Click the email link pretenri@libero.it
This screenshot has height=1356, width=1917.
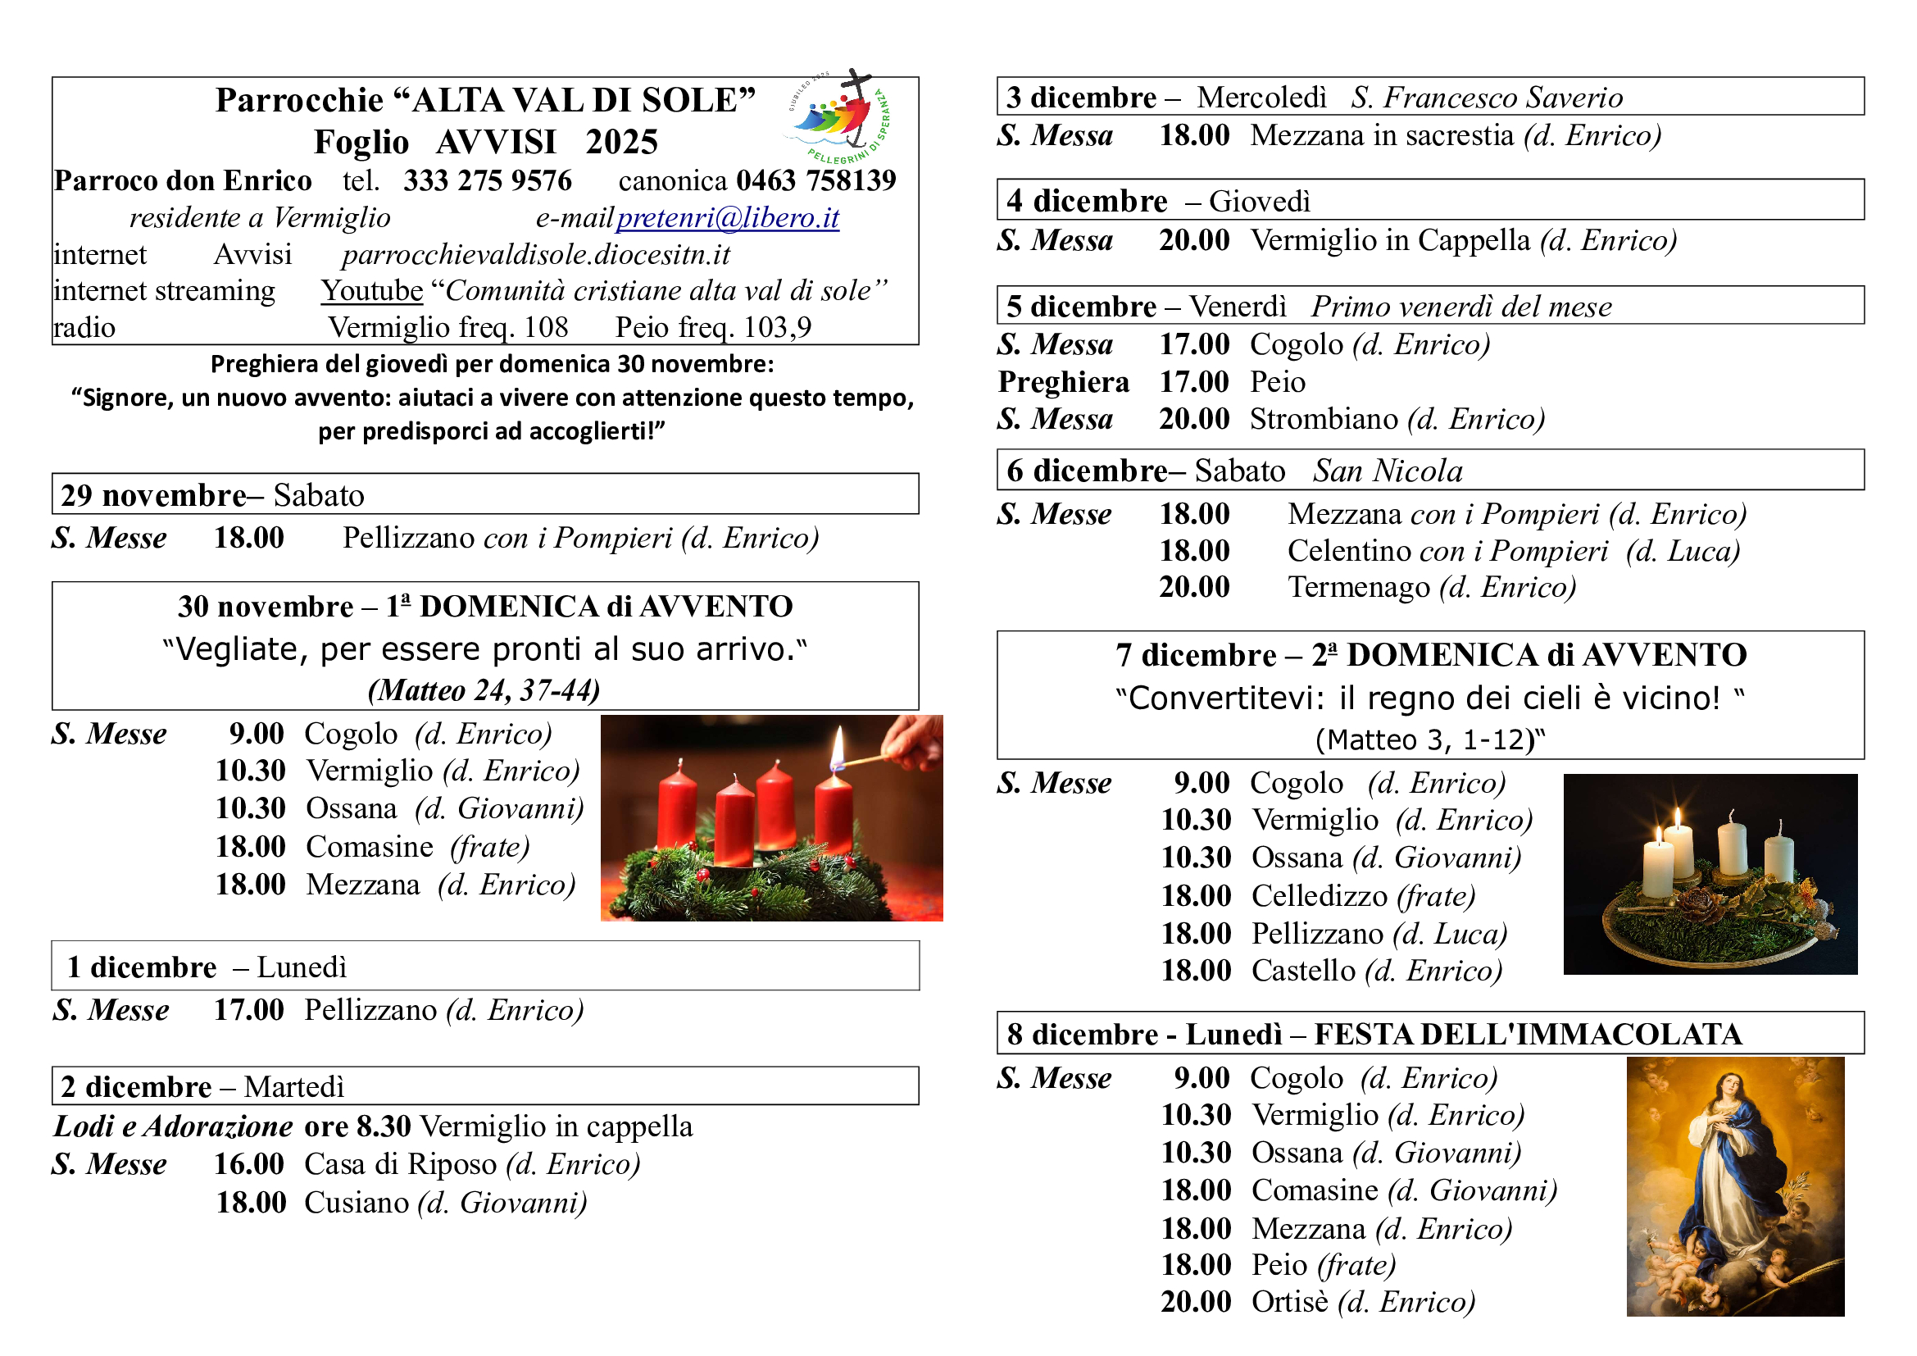click(727, 218)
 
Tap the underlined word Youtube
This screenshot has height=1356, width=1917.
click(372, 290)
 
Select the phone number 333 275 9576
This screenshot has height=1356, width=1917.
click(488, 180)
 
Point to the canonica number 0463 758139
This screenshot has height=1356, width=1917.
click(815, 180)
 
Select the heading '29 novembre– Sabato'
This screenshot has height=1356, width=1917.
click(213, 495)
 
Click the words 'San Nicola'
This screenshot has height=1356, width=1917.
click(1388, 471)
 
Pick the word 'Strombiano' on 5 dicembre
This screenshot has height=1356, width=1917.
click(1324, 418)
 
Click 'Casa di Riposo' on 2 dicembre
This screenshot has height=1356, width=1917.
click(400, 1164)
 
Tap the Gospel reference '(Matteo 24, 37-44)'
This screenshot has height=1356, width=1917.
click(484, 690)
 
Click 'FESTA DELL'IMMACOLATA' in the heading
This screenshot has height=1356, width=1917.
click(1528, 1035)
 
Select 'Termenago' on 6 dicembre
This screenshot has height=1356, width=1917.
click(1358, 587)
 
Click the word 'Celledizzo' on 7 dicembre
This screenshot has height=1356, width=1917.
click(1320, 896)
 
